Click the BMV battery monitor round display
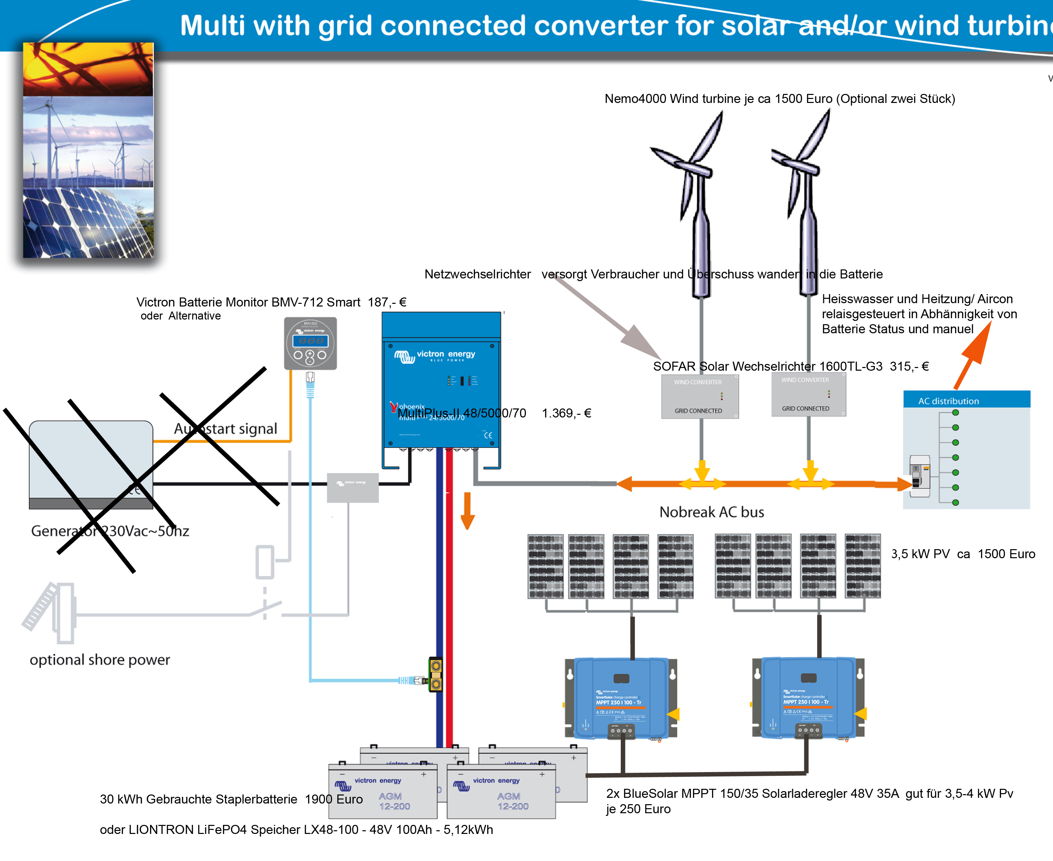click(310, 343)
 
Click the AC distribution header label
click(948, 401)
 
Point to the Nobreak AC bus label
click(711, 512)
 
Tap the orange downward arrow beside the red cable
click(467, 511)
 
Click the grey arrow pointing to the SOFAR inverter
click(610, 318)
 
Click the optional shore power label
click(100, 660)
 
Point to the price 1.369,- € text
click(566, 413)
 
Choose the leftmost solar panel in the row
click(545, 566)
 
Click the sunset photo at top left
click(88, 70)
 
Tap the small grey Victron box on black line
click(353, 488)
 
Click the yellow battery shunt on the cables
click(436, 674)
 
